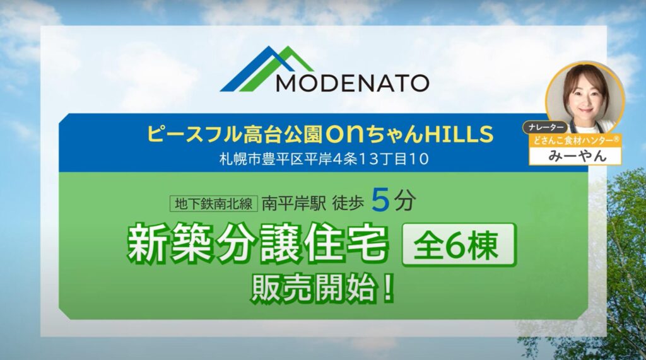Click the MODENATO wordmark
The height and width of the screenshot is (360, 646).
[352, 83]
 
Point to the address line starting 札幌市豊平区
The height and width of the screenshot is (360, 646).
[324, 159]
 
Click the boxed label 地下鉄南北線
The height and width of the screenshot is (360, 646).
[213, 204]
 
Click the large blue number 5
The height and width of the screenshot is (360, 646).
[380, 201]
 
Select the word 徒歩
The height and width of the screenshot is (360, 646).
[348, 204]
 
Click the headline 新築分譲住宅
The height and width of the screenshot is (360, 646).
[258, 245]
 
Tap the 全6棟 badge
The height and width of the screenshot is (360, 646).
[459, 245]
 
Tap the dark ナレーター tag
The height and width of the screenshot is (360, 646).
[545, 127]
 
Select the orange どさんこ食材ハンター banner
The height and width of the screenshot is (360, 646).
[575, 141]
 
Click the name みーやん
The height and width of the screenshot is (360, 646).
[577, 156]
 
